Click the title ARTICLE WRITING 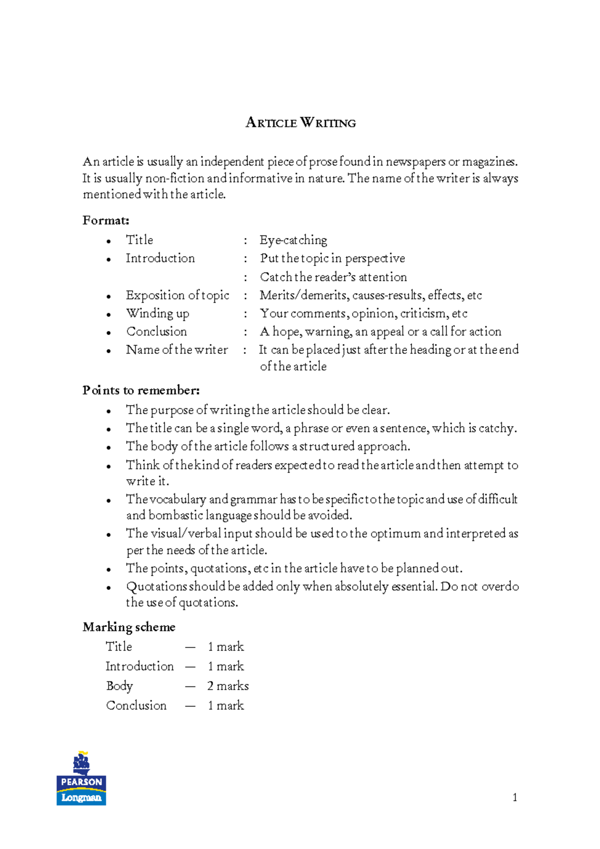pos(300,123)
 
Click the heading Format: pos(105,220)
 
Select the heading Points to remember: pos(141,390)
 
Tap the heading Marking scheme pos(129,627)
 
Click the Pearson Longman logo pos(81,779)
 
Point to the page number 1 pos(514,797)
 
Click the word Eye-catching pos(293,240)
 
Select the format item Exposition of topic pos(177,295)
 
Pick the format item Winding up pos(157,313)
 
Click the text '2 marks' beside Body pos(228,686)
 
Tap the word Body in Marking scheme pos(119,686)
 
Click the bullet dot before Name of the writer pos(108,351)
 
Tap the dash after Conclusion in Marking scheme pos(190,706)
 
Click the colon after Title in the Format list pos(245,241)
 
